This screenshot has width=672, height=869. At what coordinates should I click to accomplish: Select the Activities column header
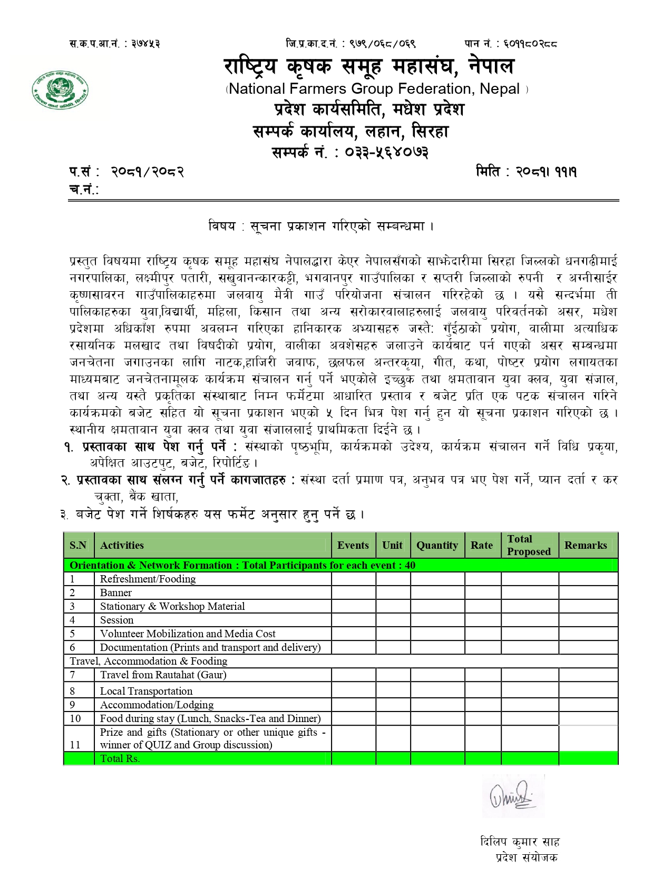[122, 546]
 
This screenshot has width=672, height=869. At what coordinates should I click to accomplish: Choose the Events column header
[353, 546]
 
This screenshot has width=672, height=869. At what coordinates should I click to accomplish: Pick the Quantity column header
[437, 546]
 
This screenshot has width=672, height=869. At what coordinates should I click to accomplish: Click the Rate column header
[482, 546]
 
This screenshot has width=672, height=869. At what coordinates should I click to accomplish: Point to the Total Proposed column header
[529, 546]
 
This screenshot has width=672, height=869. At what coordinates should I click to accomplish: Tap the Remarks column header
[586, 546]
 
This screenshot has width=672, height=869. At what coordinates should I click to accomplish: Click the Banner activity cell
[116, 593]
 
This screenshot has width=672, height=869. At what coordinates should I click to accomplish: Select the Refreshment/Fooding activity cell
[148, 579]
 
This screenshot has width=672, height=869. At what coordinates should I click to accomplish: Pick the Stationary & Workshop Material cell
[172, 607]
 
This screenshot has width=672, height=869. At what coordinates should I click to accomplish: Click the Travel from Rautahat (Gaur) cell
[163, 675]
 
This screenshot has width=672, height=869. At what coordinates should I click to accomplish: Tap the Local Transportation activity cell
[146, 692]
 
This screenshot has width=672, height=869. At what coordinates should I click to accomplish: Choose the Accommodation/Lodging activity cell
[157, 705]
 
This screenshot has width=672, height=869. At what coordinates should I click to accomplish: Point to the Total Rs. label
[120, 759]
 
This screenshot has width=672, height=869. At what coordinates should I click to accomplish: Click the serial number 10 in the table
[75, 719]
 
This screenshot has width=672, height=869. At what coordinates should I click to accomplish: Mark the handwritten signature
[511, 796]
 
